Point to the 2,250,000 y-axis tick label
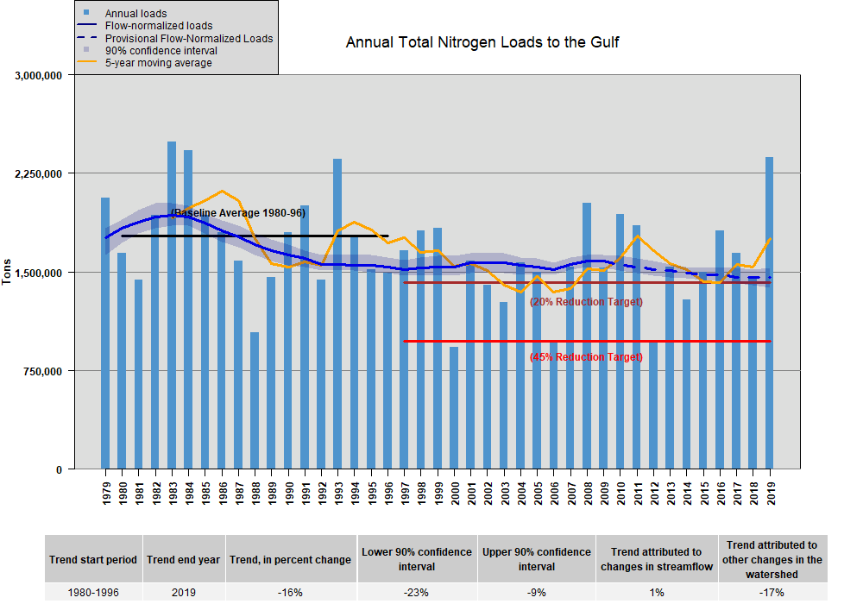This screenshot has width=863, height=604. tap(40, 174)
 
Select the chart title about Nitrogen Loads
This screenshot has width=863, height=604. tap(482, 42)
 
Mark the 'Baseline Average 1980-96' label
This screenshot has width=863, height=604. tap(238, 212)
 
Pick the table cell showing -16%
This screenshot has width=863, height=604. tap(291, 593)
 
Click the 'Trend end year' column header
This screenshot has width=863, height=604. tap(183, 559)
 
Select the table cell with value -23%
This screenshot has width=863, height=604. tap(417, 593)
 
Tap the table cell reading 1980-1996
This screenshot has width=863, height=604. tap(92, 593)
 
